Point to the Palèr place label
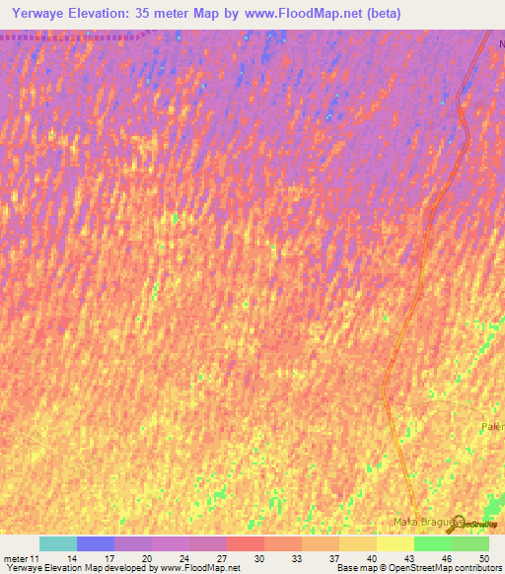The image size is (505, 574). click(x=492, y=426)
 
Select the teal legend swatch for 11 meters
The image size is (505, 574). click(x=58, y=543)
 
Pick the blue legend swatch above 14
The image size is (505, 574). click(x=96, y=543)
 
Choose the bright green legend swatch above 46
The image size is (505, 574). click(x=432, y=543)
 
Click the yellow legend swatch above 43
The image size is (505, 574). click(x=395, y=543)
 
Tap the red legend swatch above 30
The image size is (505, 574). click(x=245, y=543)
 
